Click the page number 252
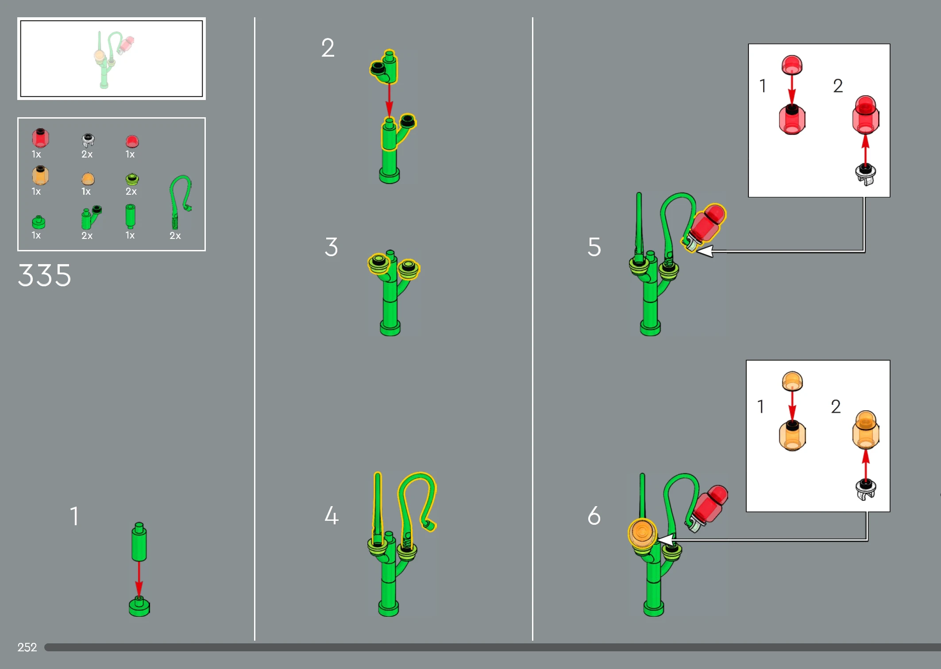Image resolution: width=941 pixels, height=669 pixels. (x=27, y=647)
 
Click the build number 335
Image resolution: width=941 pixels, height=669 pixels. (x=44, y=275)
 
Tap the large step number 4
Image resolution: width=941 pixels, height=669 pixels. (x=332, y=515)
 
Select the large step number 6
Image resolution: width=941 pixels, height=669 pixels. (x=594, y=515)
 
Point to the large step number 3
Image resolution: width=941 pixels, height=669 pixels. (x=331, y=246)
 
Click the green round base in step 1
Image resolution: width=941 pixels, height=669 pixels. (x=139, y=606)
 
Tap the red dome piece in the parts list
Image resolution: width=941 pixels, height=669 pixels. (x=132, y=142)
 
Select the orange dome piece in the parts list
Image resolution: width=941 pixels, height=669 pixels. (x=88, y=179)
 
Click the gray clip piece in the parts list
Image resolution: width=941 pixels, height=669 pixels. (x=88, y=140)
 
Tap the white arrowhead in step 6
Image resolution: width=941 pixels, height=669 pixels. (x=665, y=540)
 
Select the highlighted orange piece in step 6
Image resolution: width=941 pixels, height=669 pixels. (x=642, y=533)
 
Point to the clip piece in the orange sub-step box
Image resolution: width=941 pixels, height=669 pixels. (x=866, y=489)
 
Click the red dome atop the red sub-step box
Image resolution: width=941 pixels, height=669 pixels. (x=792, y=65)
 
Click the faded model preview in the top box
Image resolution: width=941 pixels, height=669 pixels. (x=112, y=59)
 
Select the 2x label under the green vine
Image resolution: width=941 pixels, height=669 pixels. (x=175, y=235)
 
